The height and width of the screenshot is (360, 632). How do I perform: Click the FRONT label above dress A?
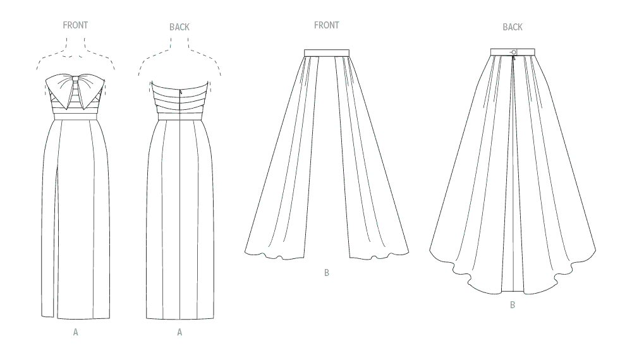pos(75,25)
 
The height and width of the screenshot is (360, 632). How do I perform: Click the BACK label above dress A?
pos(179,27)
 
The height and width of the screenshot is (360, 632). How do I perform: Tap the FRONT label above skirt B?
pos(327,25)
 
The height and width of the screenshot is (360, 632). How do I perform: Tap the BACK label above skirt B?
pos(513,27)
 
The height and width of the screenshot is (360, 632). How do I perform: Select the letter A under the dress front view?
pos(75,332)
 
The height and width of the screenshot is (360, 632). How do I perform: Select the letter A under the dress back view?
pos(179,332)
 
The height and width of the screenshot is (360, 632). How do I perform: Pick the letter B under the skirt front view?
pos(327,273)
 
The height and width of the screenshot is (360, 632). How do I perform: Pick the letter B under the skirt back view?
pos(513,305)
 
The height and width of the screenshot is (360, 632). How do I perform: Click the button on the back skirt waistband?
pos(513,52)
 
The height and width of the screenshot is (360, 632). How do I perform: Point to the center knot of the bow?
pos(75,83)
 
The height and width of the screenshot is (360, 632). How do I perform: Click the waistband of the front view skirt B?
pos(327,52)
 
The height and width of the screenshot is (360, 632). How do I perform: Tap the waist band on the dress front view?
pos(75,117)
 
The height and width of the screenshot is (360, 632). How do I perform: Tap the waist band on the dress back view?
pos(179,117)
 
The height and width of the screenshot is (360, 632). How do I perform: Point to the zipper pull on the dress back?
pos(181,92)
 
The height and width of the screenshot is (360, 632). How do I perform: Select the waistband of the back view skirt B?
pos(513,52)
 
